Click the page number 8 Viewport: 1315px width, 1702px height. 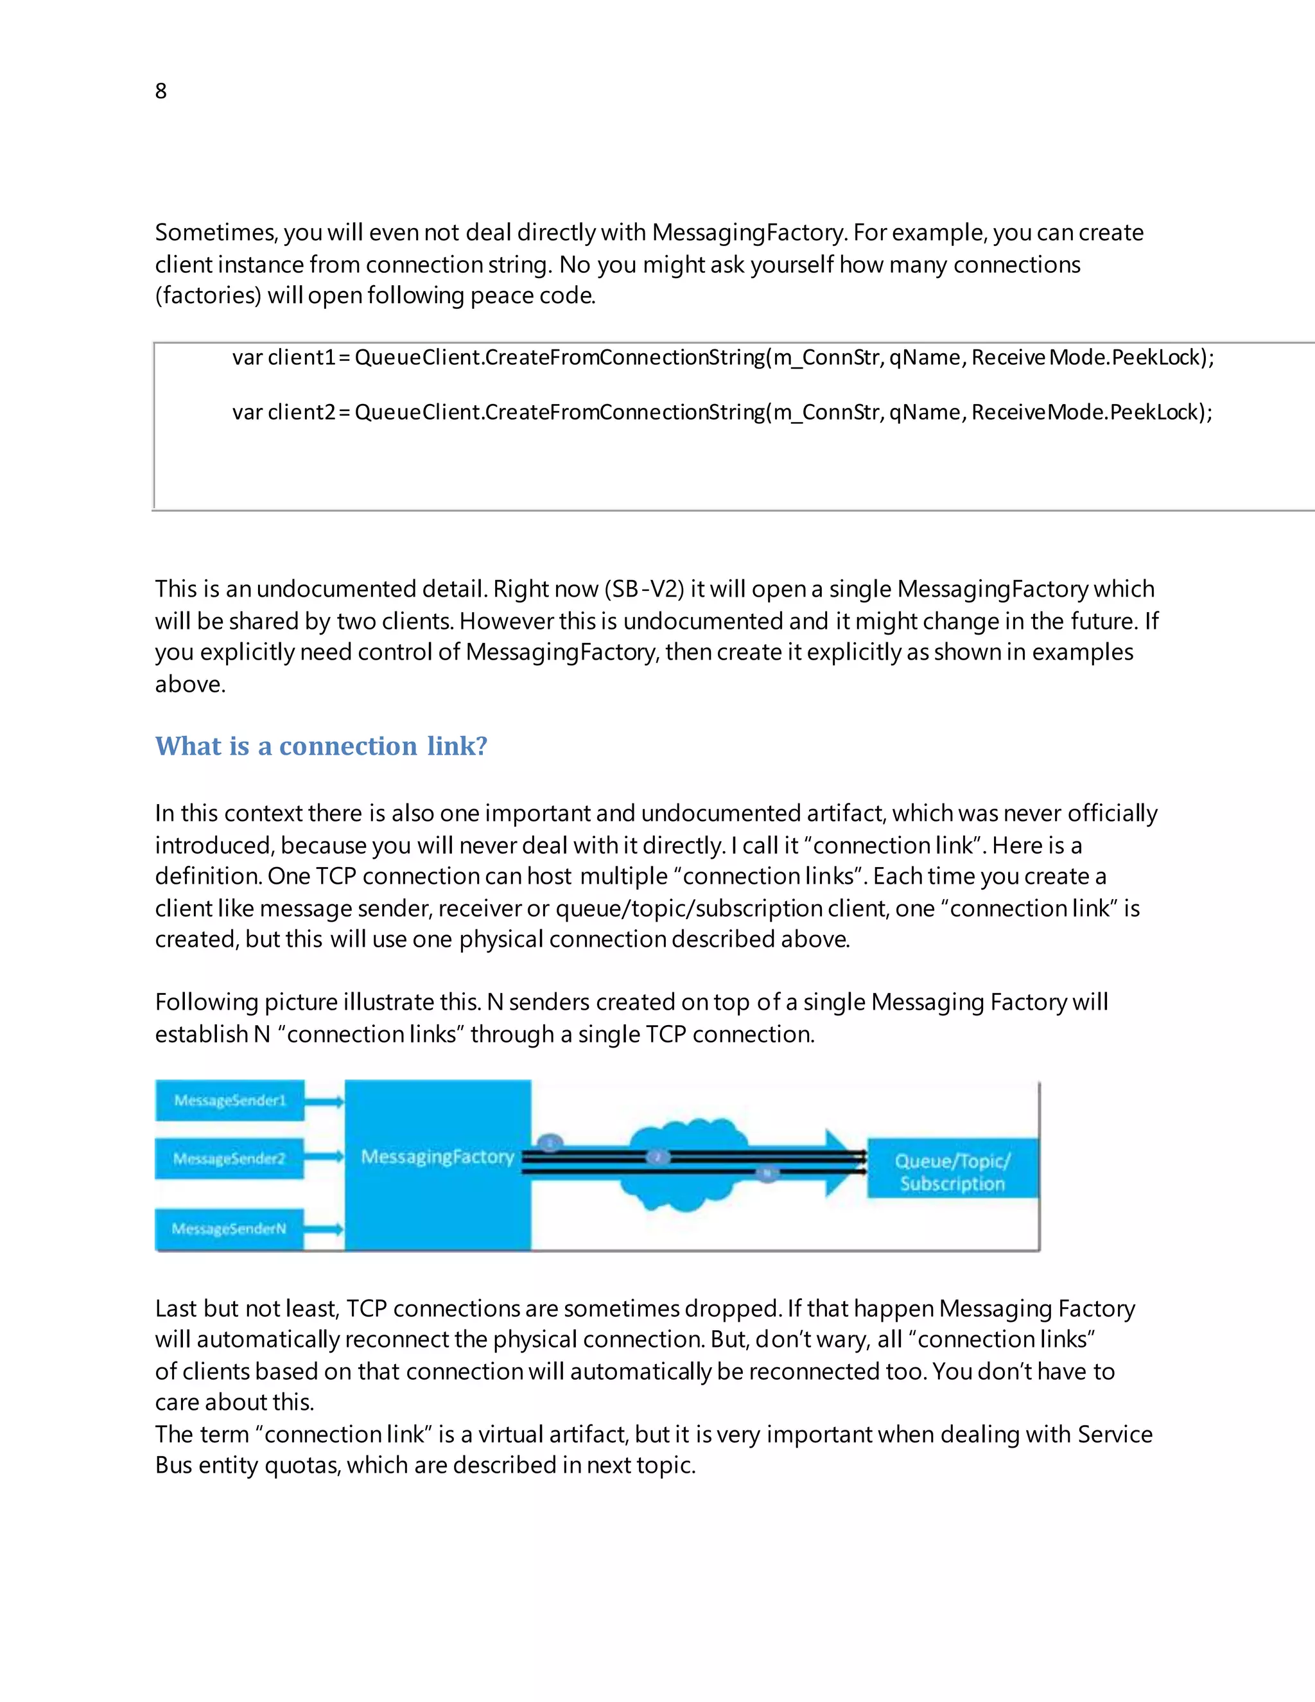(161, 91)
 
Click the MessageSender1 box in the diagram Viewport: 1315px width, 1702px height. (230, 1100)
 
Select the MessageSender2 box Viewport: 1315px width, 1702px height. (230, 1159)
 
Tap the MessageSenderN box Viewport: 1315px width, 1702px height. (230, 1229)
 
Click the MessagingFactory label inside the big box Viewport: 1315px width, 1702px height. (437, 1157)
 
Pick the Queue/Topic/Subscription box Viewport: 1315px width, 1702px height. (952, 1171)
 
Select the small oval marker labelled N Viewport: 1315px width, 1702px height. (767, 1173)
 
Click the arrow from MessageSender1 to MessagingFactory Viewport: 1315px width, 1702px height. (324, 1101)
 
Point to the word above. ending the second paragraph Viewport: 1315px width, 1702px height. (190, 684)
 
